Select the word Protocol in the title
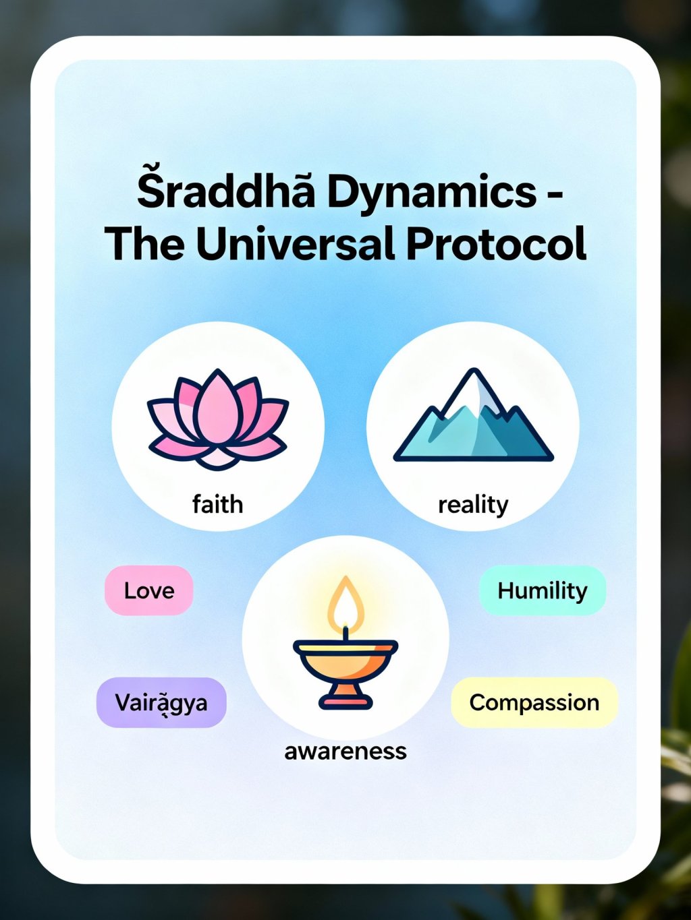496,245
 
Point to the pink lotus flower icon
218,420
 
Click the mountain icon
473,415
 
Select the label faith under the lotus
218,504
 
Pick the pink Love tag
149,590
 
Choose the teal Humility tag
543,590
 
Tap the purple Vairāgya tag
161,702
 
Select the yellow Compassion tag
534,702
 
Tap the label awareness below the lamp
345,752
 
